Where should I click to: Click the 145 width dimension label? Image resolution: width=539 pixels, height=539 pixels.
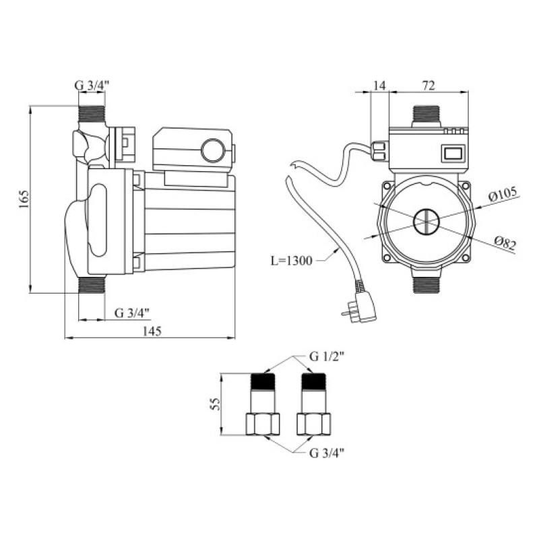click(x=152, y=331)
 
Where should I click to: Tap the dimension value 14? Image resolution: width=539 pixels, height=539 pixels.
click(x=380, y=86)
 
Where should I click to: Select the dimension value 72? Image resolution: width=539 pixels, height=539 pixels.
click(x=429, y=86)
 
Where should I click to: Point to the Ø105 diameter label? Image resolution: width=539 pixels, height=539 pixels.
click(x=503, y=195)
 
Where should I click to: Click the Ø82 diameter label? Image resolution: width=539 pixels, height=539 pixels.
click(x=505, y=243)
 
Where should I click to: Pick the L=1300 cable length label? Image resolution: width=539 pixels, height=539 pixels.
click(x=292, y=261)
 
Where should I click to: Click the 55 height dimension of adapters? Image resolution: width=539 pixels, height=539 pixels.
click(x=215, y=404)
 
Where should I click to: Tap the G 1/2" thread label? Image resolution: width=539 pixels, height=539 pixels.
click(x=327, y=357)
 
